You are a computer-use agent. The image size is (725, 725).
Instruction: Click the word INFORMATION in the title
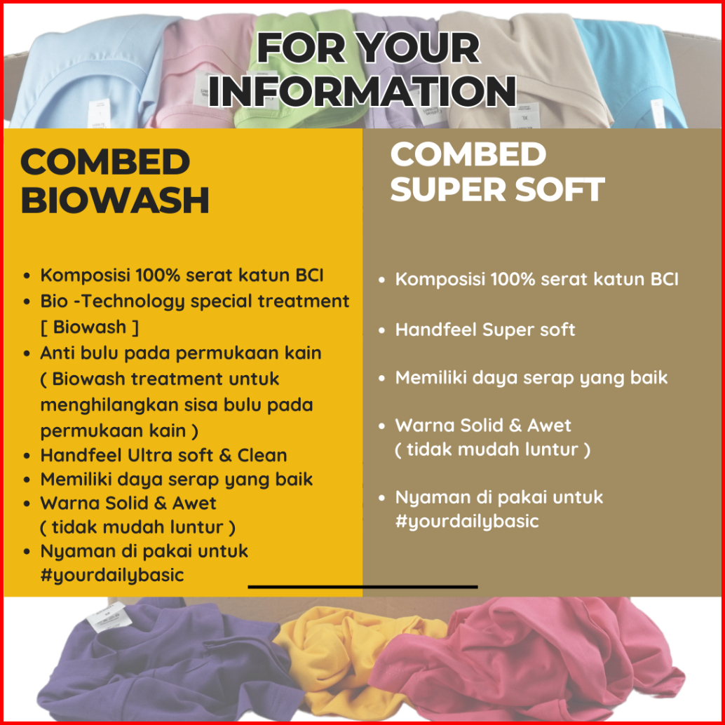362,90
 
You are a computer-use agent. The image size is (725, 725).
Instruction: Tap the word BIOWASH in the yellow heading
115,201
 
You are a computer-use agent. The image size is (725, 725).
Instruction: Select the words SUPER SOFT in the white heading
498,189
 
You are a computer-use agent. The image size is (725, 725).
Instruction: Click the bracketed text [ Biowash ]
90,327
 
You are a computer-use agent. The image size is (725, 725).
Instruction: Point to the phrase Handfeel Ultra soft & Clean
163,456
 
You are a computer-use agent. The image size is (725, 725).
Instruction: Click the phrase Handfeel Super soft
485,330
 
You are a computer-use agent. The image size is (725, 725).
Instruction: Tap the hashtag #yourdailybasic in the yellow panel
112,575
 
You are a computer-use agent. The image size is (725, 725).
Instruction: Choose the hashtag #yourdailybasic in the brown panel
467,521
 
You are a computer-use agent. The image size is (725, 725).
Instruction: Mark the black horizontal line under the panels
362,587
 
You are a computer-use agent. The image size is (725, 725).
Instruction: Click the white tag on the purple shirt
107,617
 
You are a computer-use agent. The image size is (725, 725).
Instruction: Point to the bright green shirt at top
301,69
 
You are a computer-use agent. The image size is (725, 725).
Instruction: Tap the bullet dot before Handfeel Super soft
381,330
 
